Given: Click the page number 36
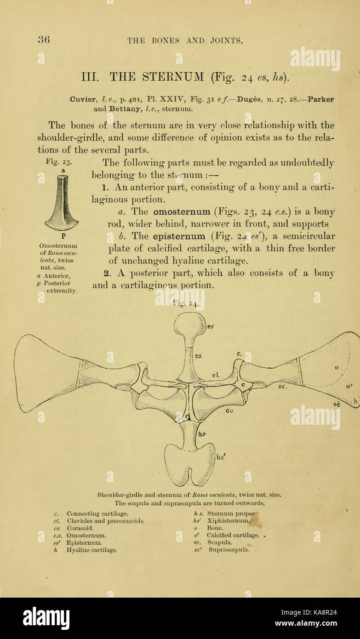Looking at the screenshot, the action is click(x=44, y=40).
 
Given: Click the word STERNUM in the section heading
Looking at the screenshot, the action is click(x=170, y=76).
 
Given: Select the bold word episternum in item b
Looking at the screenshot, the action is click(x=179, y=236).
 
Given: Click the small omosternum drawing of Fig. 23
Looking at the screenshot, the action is click(x=62, y=203).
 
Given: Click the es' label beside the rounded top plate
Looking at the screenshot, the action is click(x=211, y=326).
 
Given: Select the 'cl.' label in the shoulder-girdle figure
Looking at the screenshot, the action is click(x=215, y=375).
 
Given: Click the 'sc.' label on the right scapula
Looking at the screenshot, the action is click(x=282, y=387).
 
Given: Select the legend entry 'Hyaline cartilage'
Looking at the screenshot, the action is click(x=92, y=549).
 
